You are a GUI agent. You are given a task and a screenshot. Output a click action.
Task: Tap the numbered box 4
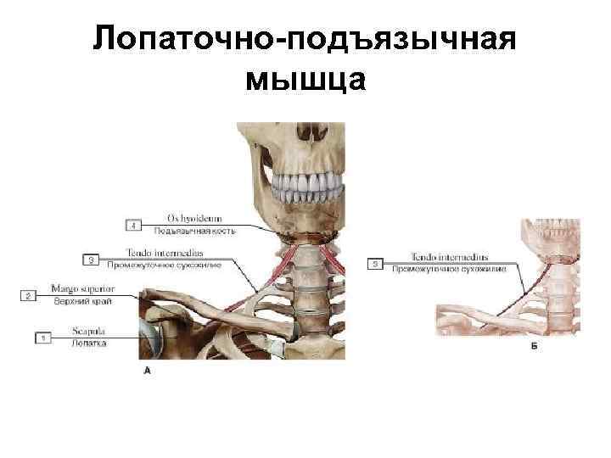click(135, 225)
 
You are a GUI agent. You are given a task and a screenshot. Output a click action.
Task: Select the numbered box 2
click(28, 295)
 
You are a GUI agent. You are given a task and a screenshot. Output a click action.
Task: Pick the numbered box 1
click(42, 338)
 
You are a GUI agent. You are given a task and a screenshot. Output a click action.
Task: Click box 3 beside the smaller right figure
click(374, 264)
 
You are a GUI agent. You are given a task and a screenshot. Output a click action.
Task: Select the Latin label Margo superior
click(76, 289)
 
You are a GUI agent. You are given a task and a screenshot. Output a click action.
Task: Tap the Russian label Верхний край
click(77, 301)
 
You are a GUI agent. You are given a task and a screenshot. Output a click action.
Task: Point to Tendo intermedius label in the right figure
click(449, 257)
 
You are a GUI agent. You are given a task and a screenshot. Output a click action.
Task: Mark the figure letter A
click(148, 371)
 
